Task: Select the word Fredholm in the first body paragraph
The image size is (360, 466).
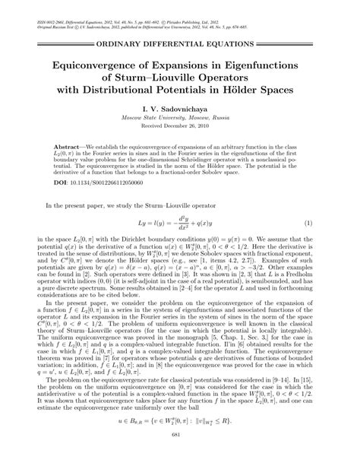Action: [299, 289]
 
